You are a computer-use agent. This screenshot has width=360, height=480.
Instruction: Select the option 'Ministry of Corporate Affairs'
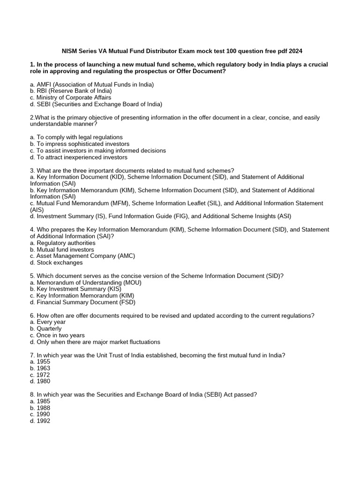(x=71, y=97)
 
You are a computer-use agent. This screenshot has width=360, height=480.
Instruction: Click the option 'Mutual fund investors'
(x=61, y=249)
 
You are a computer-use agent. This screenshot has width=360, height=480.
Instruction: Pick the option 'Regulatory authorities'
(x=62, y=243)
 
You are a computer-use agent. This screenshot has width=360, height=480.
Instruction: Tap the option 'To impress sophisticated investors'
(x=79, y=144)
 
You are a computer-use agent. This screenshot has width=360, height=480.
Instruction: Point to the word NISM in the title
(x=72, y=51)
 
